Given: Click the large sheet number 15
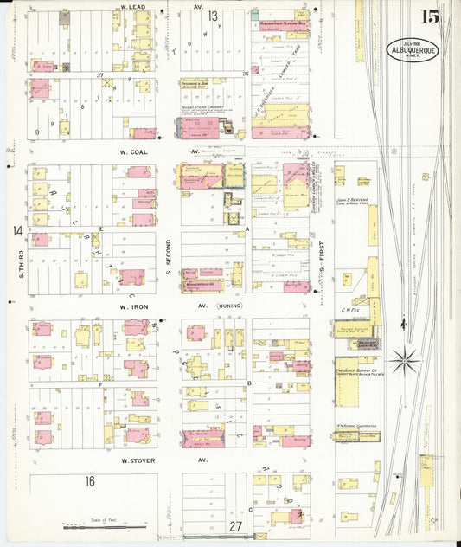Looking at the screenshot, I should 429,16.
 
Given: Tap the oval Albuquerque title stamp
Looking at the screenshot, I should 412,48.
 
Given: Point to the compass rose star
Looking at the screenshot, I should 405,358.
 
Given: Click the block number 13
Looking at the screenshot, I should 212,16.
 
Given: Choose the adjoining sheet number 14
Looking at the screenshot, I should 17,230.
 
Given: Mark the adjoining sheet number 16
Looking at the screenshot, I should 90,481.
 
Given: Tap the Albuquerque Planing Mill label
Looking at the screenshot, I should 279,23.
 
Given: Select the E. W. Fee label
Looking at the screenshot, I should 350,309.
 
